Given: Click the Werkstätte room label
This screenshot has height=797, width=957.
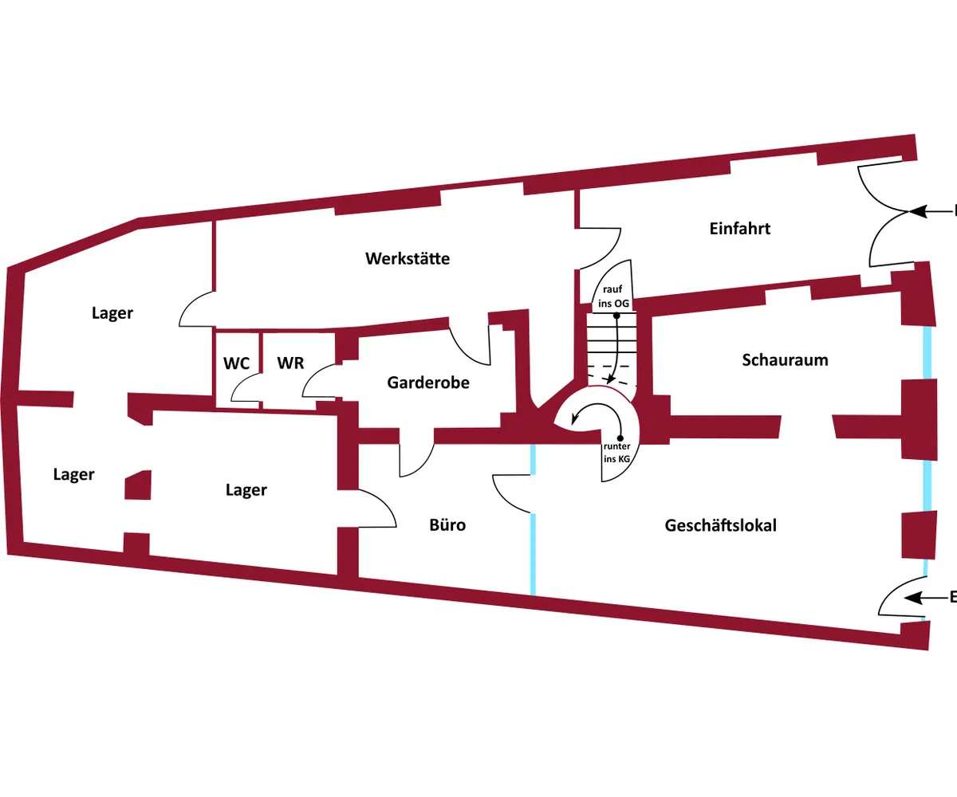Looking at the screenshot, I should point(408,258).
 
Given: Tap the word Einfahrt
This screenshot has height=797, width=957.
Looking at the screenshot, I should point(740,229).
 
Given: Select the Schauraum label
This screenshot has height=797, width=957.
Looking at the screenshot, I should point(785,359).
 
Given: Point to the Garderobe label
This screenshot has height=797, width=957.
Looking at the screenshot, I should point(428,383).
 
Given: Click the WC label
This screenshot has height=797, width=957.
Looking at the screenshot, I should point(237,363).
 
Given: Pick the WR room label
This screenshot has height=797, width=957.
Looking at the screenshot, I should point(290,363).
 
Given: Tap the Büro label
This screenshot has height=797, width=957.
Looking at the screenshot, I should point(447,525).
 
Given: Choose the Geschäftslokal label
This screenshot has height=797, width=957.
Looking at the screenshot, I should point(720,525).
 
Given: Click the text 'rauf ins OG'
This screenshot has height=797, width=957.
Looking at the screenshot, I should point(615,296).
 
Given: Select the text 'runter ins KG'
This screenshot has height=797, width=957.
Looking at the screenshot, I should point(616,453).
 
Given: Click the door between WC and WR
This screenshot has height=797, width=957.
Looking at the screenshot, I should point(244,390).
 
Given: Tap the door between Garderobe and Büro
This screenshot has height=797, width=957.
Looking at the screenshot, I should point(416,460).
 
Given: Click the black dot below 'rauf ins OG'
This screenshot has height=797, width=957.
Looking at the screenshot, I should point(616,316).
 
